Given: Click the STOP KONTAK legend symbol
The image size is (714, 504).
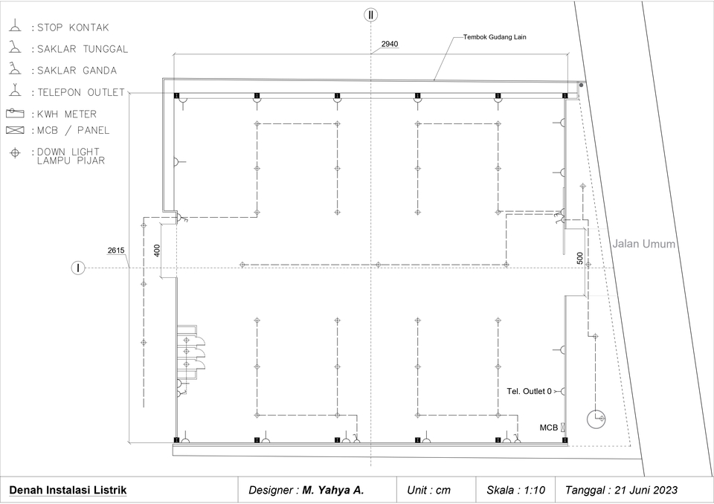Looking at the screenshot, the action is (x=15, y=26).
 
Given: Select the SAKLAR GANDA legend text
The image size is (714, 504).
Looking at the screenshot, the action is (x=77, y=71).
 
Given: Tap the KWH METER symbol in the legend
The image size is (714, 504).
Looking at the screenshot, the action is (x=15, y=113).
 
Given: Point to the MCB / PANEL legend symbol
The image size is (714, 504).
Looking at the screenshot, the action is (x=15, y=130).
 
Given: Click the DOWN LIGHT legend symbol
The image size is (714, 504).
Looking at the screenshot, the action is (x=15, y=153).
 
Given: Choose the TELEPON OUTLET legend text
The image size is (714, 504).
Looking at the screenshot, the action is (x=81, y=92).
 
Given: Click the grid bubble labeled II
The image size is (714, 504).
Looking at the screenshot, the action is (x=370, y=15).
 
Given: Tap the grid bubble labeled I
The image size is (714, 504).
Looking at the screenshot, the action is (x=78, y=268).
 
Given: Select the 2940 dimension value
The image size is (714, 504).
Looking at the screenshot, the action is (x=390, y=44).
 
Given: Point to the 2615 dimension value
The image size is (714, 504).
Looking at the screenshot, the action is (x=116, y=251).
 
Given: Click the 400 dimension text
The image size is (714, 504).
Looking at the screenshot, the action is (x=157, y=251).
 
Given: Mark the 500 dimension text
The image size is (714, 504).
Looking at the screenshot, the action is (x=579, y=258).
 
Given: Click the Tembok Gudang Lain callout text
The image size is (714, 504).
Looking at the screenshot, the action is (x=495, y=37).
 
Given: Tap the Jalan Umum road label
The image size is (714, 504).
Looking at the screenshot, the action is (x=643, y=244).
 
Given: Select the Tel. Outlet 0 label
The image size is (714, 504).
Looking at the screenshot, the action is (x=529, y=391).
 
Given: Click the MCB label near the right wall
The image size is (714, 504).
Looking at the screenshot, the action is (x=549, y=427).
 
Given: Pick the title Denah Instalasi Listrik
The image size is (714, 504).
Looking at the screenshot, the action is (x=68, y=490).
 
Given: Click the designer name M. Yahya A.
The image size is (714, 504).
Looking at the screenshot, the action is (x=333, y=490).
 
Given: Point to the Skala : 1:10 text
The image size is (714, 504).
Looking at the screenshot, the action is (x=515, y=490).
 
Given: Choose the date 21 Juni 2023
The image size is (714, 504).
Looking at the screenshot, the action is (x=646, y=490).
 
